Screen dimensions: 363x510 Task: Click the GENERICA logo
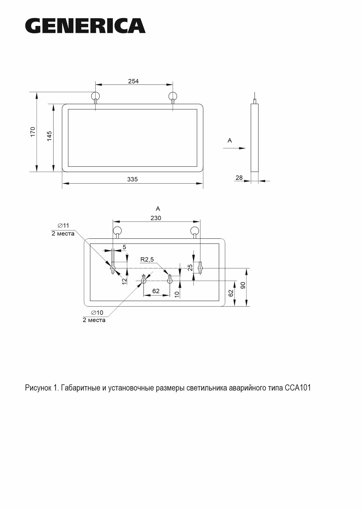85,26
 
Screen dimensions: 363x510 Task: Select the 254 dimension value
133,81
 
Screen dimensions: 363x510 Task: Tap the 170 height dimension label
33,132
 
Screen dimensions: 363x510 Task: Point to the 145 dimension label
49,136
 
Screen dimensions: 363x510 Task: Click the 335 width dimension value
132,179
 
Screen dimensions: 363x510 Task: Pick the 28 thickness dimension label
239,177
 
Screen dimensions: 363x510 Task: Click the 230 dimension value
156,218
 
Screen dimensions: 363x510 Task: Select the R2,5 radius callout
147,259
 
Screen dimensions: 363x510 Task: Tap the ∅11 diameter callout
63,225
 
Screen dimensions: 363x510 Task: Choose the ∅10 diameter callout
97,312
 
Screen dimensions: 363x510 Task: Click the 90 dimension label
243,285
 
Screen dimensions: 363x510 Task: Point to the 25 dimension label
190,268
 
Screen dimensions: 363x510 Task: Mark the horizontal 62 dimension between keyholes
156,291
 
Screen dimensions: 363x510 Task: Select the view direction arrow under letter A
234,148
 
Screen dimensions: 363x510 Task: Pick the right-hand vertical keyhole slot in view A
200,268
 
